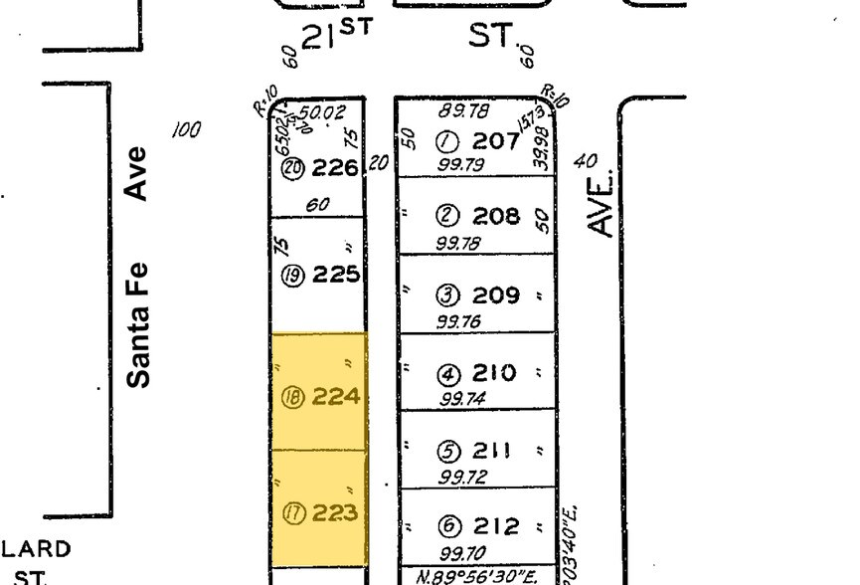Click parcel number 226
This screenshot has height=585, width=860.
[334, 168]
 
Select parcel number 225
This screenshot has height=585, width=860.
[334, 274]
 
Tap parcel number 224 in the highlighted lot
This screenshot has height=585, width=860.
[334, 397]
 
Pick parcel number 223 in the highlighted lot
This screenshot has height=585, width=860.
[334, 514]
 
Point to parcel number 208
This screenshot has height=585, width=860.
[496, 215]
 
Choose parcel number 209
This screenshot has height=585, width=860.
[496, 295]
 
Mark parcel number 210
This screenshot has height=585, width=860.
[494, 373]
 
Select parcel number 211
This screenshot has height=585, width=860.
[492, 451]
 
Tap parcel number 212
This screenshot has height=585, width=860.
[496, 525]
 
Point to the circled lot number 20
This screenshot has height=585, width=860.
[292, 169]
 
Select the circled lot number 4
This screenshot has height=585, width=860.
[448, 375]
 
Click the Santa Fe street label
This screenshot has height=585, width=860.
[138, 323]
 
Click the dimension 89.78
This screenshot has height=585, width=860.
[463, 111]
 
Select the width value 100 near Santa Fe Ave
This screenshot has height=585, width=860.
[186, 129]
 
